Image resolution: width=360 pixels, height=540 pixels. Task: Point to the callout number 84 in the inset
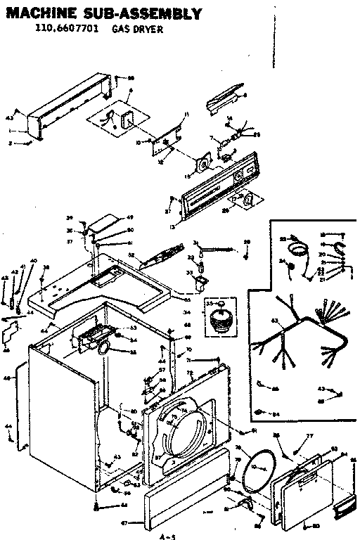[x=276, y=414]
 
